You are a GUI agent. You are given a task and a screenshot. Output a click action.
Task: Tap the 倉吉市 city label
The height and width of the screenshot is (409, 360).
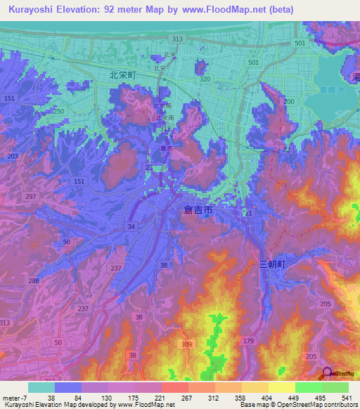tap(197, 210)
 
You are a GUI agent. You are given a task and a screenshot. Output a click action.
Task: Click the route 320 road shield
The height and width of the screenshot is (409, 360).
tap(205, 79)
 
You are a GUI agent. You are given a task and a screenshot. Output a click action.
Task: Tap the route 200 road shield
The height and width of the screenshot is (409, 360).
tap(288, 101)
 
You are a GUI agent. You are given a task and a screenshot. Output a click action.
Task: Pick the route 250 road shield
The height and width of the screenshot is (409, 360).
tap(58, 112)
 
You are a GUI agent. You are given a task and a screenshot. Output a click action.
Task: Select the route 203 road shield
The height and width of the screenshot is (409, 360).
tap(12, 155)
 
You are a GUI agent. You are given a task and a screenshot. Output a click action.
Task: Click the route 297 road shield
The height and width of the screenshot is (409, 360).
tap(30, 196)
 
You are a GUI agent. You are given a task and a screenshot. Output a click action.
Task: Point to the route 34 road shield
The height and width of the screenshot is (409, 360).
tap(131, 226)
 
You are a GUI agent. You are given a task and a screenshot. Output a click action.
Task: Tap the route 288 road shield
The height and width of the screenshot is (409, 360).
tap(33, 280)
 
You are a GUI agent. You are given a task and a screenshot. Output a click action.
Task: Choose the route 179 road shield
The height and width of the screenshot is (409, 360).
tap(247, 341)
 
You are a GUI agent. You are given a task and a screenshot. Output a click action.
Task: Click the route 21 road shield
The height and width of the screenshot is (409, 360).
tap(248, 213)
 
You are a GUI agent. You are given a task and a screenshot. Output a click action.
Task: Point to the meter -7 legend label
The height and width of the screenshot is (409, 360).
tap(13, 397)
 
